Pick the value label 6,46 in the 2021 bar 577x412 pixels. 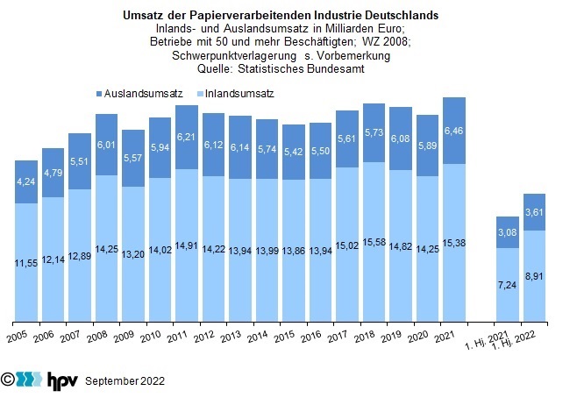[x=454, y=130]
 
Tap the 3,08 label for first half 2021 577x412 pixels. [x=508, y=231]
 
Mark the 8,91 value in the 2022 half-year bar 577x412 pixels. [x=534, y=275]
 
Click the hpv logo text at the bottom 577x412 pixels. [x=62, y=380]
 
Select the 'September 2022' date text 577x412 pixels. [x=125, y=381]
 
